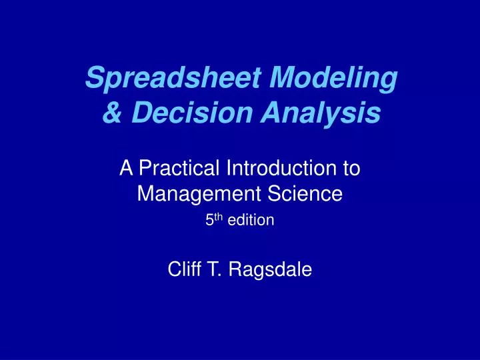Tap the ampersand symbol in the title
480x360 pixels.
pyautogui.click(x=111, y=114)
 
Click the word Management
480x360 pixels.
pyautogui.click(x=194, y=194)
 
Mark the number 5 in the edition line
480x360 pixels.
pyautogui.click(x=208, y=220)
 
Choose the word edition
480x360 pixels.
pyautogui.click(x=251, y=220)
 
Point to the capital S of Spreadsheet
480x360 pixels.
pyautogui.click(x=94, y=79)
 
